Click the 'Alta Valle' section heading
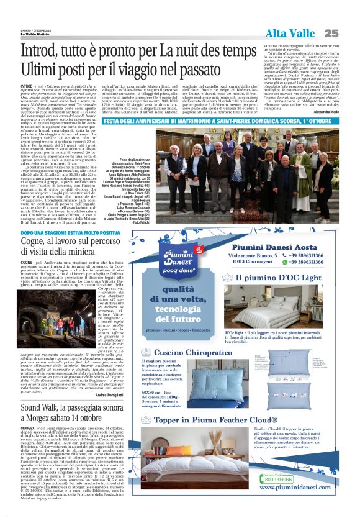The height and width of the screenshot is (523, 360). point(291,32)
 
